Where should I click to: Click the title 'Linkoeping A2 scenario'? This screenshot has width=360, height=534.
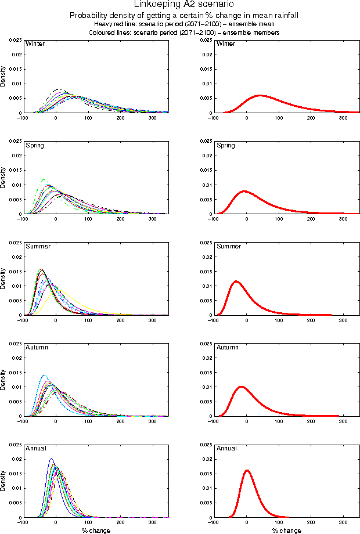tap(179, 5)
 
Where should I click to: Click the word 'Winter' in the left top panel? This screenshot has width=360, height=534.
tap(35, 44)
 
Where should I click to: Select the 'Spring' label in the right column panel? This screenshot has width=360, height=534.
tap(226, 145)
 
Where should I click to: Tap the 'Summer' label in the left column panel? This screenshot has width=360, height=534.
tap(38, 246)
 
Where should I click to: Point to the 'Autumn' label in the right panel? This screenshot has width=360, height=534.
tap(227, 347)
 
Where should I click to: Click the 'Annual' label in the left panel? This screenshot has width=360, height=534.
tap(37, 448)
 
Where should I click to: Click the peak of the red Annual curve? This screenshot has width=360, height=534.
tap(247, 470)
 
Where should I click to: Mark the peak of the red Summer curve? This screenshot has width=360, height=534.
tap(236, 282)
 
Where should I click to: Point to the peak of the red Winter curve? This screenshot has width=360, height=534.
tap(259, 95)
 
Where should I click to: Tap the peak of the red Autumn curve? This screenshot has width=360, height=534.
tap(240, 387)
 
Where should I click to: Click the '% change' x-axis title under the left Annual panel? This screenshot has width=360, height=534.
tap(95, 531)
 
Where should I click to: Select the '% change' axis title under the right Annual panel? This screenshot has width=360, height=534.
tap(286, 531)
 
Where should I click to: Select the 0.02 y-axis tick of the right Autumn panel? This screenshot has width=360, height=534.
tap(206, 358)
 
